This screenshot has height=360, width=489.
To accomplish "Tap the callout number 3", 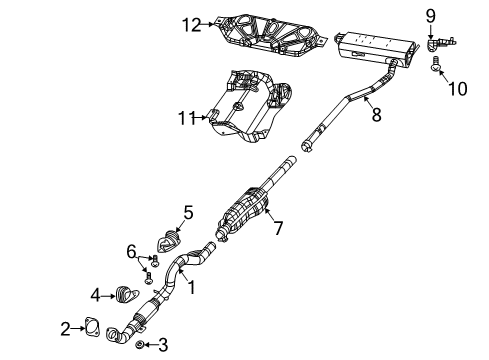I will pyautogui.click(x=164, y=345).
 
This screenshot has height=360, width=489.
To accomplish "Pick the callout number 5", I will pyautogui.click(x=187, y=211).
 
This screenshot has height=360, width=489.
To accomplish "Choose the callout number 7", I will pyautogui.click(x=279, y=228).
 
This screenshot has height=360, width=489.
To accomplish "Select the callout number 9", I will pyautogui.click(x=431, y=15).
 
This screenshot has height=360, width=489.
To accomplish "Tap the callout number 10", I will pyautogui.click(x=457, y=90).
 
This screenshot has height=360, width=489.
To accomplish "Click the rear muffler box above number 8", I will pyautogui.click(x=375, y=45).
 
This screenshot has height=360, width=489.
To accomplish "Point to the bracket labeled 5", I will pyautogui.click(x=167, y=240).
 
